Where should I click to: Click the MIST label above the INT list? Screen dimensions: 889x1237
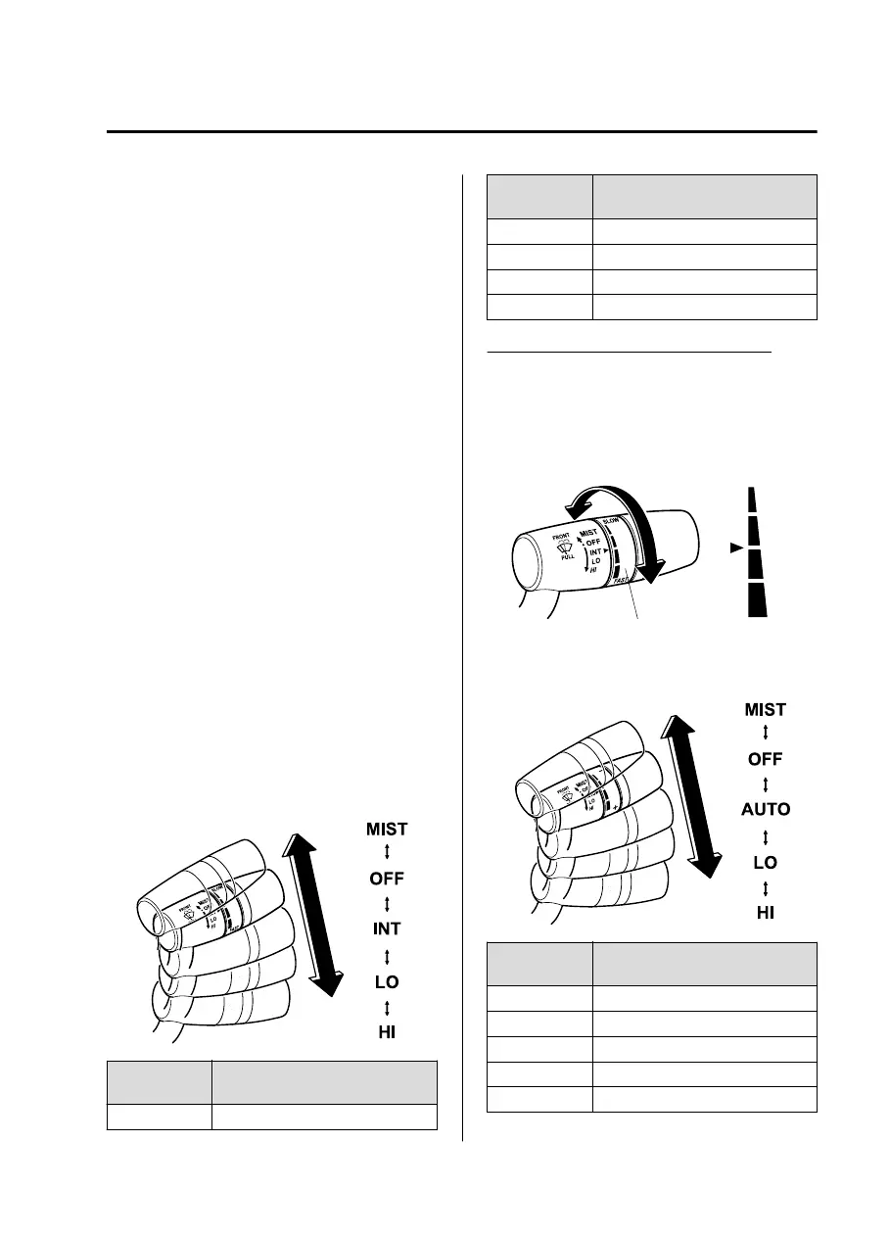(387, 829)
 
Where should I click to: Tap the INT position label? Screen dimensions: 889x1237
(386, 928)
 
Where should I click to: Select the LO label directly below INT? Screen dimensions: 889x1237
(386, 980)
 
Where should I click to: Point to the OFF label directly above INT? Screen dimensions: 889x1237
(386, 878)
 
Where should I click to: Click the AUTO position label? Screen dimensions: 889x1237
(765, 810)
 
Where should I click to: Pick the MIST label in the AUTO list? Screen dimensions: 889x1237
(765, 709)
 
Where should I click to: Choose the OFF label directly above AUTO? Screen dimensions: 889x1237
(765, 759)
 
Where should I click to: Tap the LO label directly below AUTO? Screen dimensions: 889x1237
(765, 862)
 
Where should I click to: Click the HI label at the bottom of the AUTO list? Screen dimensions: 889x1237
(765, 913)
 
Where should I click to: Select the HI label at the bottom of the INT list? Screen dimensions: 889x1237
(387, 1031)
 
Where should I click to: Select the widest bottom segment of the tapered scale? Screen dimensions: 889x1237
(758, 599)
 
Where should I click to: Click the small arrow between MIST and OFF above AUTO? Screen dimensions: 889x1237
(765, 734)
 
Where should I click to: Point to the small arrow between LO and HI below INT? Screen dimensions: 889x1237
(386, 1006)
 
